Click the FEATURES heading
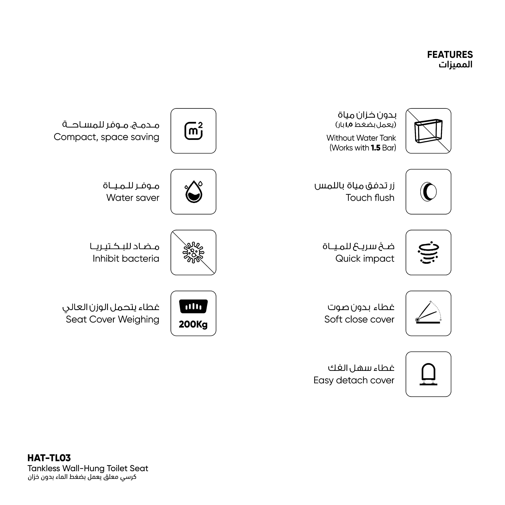pyautogui.click(x=450, y=55)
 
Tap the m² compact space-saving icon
pyautogui.click(x=193, y=131)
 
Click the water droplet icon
pyautogui.click(x=193, y=192)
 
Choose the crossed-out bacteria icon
pyautogui.click(x=193, y=252)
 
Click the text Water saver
pyautogui.click(x=133, y=198)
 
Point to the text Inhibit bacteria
pyautogui.click(x=126, y=259)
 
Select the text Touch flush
pyautogui.click(x=370, y=198)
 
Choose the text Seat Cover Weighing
pyautogui.click(x=112, y=319)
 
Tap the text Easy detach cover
pyautogui.click(x=354, y=380)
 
